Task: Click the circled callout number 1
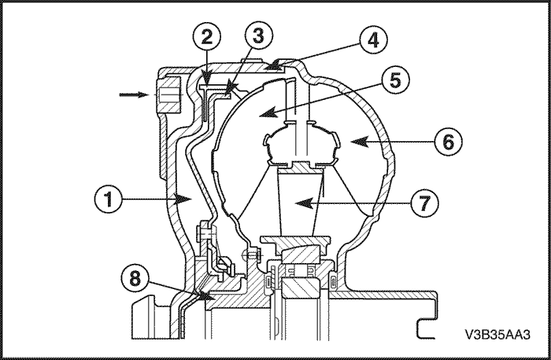(x=109, y=199)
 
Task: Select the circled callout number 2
(x=206, y=37)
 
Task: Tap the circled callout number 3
(x=258, y=35)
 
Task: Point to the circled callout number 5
(x=395, y=80)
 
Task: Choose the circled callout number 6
(x=448, y=142)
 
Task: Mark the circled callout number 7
(x=424, y=203)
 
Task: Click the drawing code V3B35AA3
(x=497, y=334)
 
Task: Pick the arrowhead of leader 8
(x=206, y=295)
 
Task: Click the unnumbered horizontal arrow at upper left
(x=133, y=95)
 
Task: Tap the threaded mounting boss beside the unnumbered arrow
(x=168, y=95)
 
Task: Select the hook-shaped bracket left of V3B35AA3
(x=427, y=328)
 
